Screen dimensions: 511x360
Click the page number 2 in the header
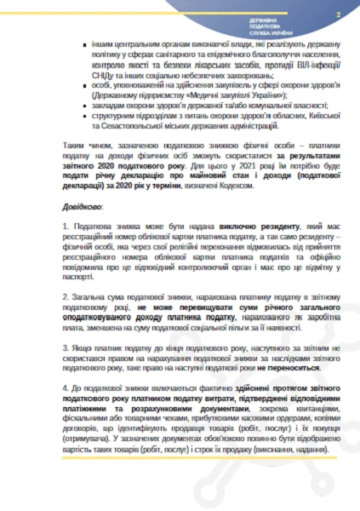[338, 14]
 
